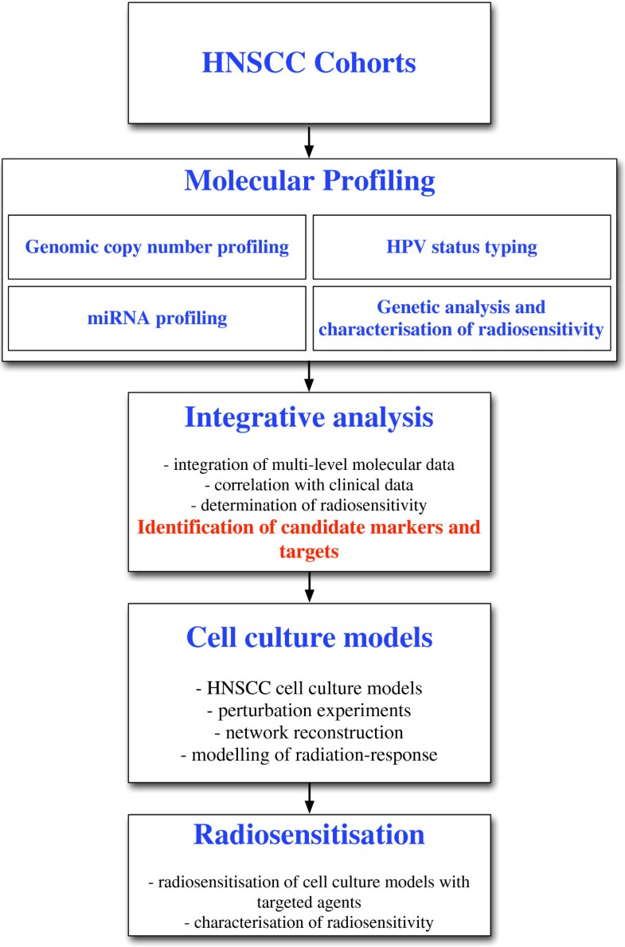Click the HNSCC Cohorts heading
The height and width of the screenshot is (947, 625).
click(x=309, y=63)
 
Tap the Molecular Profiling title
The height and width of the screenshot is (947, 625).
click(x=309, y=181)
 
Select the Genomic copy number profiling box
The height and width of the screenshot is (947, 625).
click(x=157, y=247)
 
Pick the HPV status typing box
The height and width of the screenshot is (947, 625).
click(x=462, y=247)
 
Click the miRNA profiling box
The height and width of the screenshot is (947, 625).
click(x=157, y=319)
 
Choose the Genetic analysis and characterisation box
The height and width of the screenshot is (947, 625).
click(x=462, y=319)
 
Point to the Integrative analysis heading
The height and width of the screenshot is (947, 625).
click(x=309, y=417)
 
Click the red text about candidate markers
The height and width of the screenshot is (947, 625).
click(x=309, y=538)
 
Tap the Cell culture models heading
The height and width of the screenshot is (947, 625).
click(x=309, y=638)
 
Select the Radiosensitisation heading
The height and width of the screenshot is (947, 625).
click(x=309, y=835)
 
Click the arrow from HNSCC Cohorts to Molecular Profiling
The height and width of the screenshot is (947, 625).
click(x=309, y=142)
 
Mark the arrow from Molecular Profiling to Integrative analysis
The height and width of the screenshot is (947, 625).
click(x=309, y=376)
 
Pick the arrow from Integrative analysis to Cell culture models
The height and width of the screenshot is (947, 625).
click(x=309, y=587)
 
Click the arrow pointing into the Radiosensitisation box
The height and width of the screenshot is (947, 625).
click(x=309, y=798)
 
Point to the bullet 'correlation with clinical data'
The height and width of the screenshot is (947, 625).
click(x=309, y=485)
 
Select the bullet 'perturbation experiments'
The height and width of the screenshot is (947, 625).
click(x=309, y=711)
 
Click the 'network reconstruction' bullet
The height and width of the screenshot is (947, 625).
click(x=309, y=733)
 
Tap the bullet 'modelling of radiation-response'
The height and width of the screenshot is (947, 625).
click(x=309, y=755)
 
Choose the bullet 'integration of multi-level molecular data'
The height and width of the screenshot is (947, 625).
click(x=309, y=464)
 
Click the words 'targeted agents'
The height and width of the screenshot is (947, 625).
click(x=309, y=902)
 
